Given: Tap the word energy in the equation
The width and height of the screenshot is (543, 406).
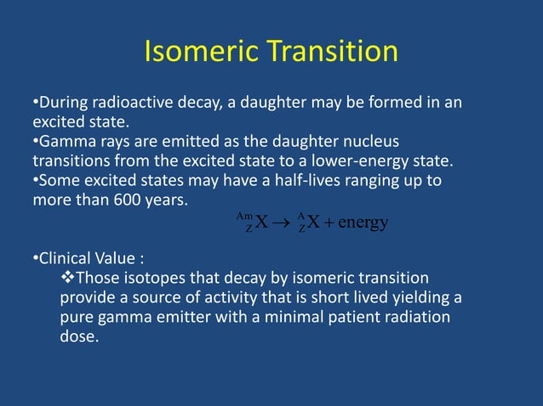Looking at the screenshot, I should pyautogui.click(x=363, y=223).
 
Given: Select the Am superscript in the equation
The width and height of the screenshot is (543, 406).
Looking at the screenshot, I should pyautogui.click(x=248, y=217).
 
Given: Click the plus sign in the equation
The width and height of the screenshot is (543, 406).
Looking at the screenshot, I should pyautogui.click(x=328, y=224).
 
